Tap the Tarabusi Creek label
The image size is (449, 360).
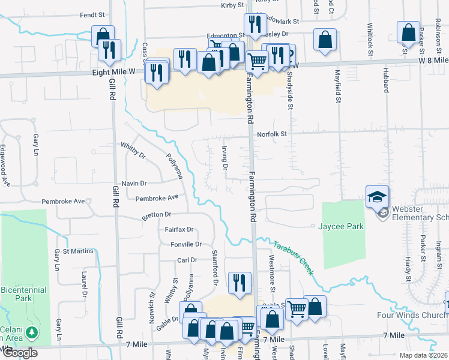294,259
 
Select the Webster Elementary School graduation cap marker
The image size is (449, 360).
378,197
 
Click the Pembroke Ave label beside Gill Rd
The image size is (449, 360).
62,202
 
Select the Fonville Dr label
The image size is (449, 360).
185,244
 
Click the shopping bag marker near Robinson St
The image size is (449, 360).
408,33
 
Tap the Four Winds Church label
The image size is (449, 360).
411,315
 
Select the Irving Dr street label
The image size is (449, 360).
224,157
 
